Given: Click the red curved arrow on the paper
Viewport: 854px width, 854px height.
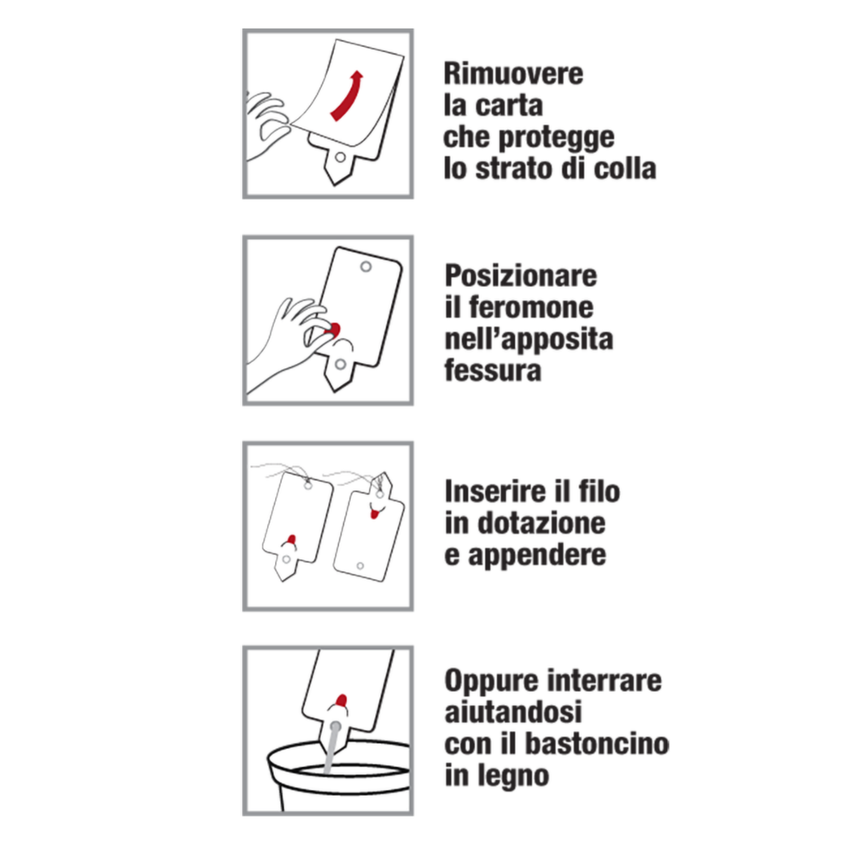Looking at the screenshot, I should click(347, 96).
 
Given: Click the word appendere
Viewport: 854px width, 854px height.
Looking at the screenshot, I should click(537, 555).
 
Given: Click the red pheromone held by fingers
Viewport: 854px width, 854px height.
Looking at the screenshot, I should click(334, 328).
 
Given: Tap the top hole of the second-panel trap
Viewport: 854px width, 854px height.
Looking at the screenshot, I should click(367, 267).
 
